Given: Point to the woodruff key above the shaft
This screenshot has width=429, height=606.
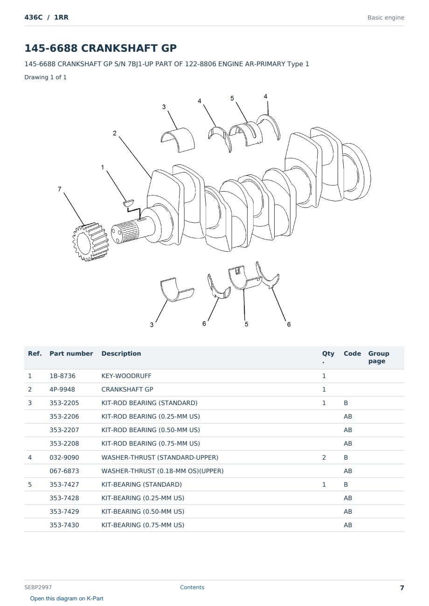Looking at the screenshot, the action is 128,202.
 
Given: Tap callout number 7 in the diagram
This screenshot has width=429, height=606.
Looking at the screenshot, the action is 60,189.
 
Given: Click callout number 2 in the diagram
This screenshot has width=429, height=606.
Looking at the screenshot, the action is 115,133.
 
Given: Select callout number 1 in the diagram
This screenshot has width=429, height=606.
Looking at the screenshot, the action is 103,167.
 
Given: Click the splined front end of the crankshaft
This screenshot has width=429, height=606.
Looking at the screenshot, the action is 126,232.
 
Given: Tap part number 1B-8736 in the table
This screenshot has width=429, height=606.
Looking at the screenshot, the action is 62,376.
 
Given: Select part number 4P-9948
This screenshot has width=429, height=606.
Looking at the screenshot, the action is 62,389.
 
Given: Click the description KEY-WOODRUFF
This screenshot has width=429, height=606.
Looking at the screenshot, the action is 126,376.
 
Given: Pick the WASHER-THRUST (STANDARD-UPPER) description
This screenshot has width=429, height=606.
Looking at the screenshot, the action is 159,457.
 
